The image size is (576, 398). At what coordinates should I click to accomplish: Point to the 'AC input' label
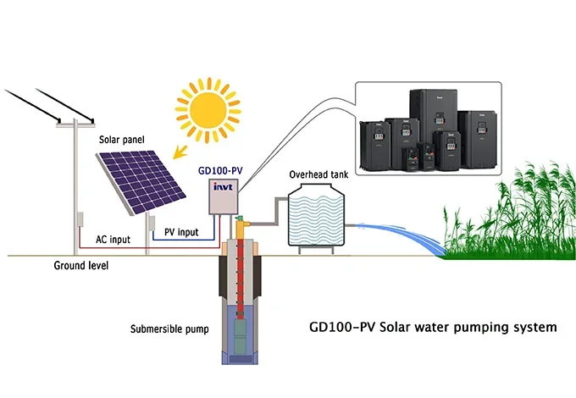point(113,240)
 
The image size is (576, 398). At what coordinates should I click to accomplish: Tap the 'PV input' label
point(181,231)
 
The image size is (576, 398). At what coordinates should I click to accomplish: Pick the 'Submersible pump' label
point(164,329)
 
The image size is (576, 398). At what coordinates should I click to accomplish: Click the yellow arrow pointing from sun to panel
point(179,152)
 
